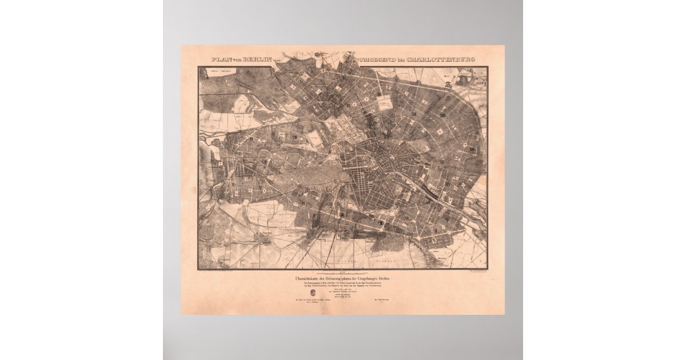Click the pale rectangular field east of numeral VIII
[314, 137]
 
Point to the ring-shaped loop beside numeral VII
[265, 156]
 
